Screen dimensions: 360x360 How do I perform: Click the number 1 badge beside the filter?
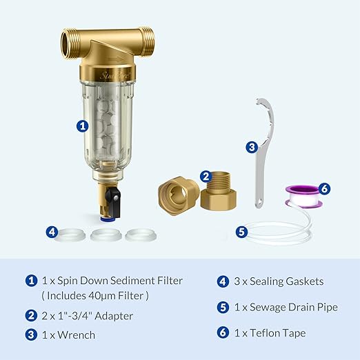83,126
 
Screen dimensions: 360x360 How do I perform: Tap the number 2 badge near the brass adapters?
206,177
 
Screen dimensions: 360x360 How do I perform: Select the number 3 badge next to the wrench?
252,146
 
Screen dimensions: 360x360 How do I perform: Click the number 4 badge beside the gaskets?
52,232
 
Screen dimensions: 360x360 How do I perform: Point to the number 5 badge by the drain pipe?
241,232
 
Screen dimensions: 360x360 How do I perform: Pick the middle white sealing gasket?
106,235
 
